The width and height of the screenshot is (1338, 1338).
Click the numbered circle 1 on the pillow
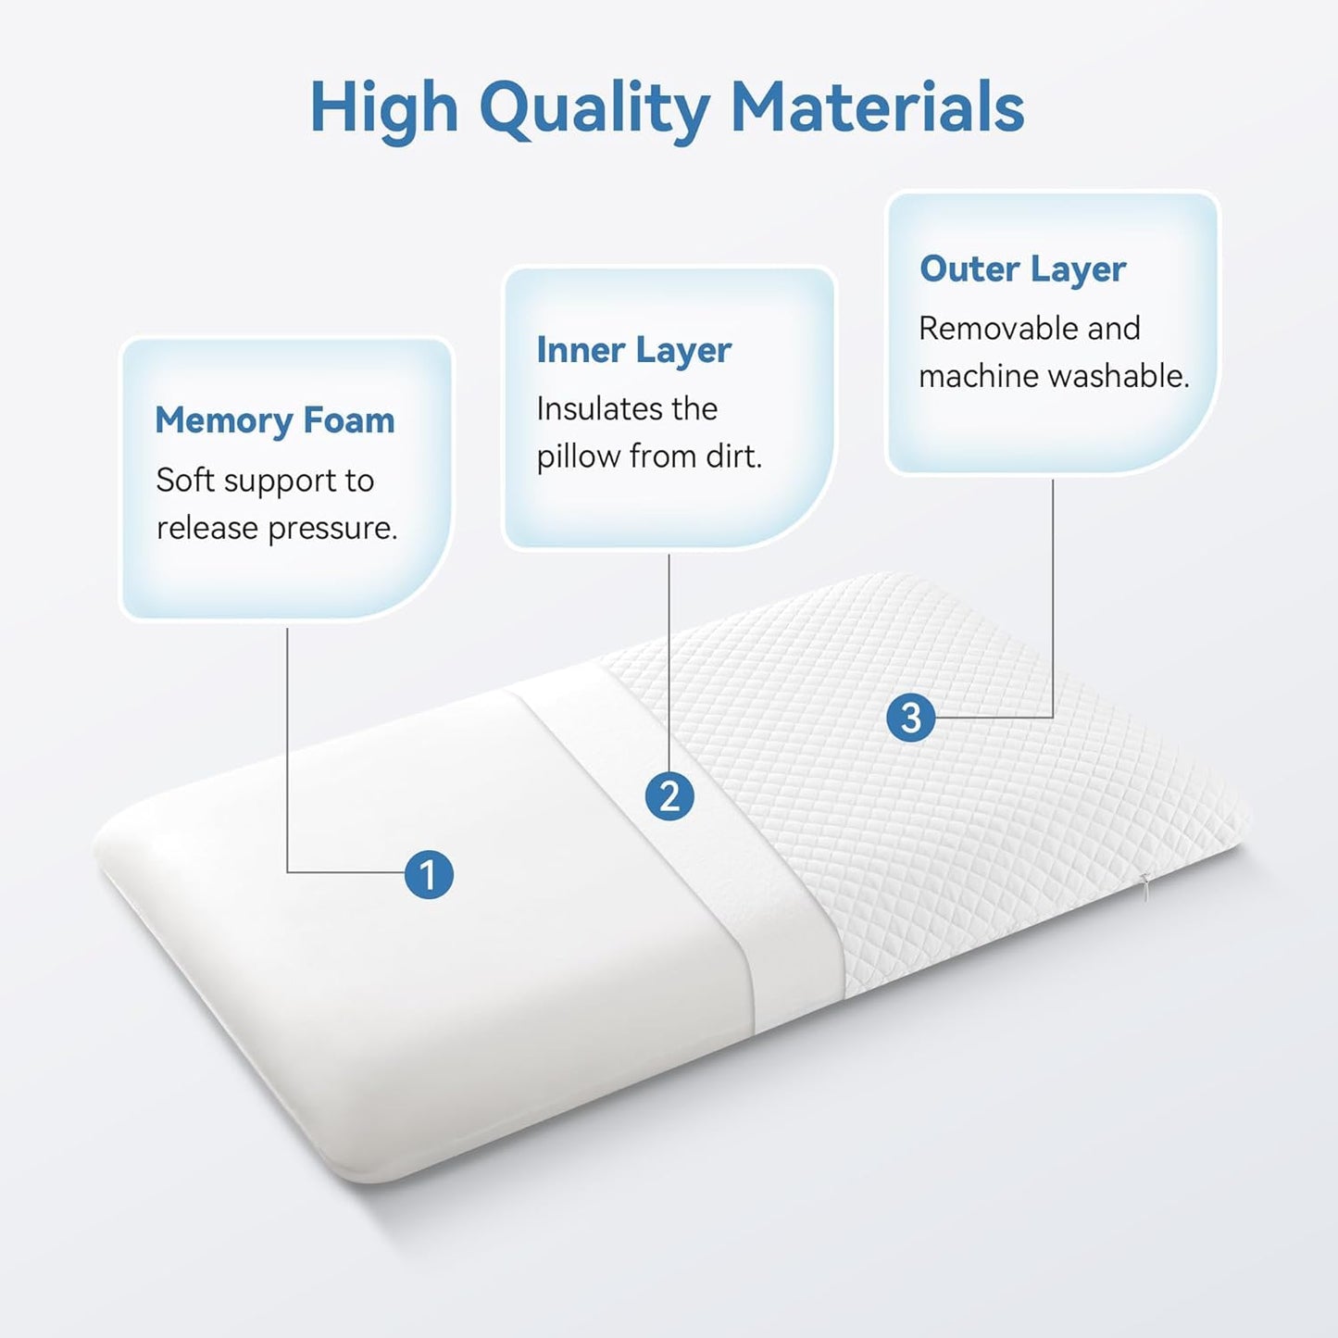click(429, 875)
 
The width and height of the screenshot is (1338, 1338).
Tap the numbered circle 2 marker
click(669, 796)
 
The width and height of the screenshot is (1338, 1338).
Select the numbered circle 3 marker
click(910, 718)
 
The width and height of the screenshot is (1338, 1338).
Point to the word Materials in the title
click(877, 107)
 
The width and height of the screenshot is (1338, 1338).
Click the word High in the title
click(383, 109)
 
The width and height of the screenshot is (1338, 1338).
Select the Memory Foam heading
click(275, 420)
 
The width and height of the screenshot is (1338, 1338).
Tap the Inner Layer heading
click(633, 350)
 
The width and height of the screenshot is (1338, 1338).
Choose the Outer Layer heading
click(1022, 269)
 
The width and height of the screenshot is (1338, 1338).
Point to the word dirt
click(731, 456)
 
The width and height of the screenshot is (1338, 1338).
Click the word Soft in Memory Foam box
click(185, 480)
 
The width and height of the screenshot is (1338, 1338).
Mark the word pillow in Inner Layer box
click(579, 456)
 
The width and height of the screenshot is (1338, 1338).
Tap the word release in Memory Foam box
click(206, 528)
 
